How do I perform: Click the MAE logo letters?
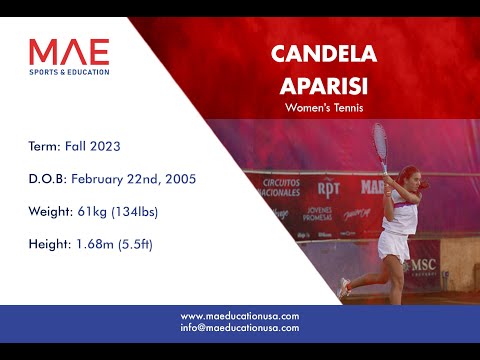[69, 51]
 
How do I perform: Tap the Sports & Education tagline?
[69, 72]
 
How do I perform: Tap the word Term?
[45, 146]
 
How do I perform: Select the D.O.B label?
[48, 179]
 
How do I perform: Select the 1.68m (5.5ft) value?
[115, 244]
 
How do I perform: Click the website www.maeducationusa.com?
[240, 316]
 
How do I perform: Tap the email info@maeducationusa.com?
[240, 327]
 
